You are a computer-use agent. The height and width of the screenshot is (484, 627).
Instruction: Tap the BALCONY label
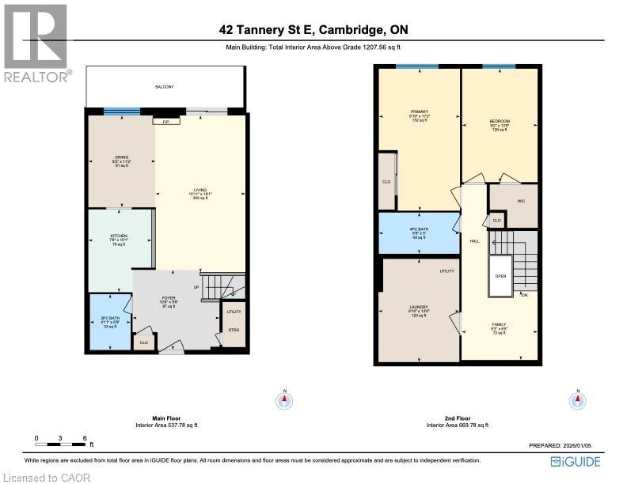[x=164, y=86]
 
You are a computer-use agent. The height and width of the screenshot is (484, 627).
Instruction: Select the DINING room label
[x=121, y=157]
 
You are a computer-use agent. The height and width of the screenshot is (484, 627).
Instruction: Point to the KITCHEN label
[x=119, y=237]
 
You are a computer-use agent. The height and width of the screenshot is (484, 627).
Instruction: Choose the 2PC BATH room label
[x=110, y=320]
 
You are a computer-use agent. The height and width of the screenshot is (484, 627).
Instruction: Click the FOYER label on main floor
[x=168, y=298]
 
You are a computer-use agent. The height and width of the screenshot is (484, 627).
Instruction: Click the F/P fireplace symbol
[x=166, y=123]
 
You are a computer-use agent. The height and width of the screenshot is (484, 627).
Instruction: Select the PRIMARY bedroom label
[x=419, y=112]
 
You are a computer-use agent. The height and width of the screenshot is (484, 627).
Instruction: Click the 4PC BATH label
[x=419, y=230]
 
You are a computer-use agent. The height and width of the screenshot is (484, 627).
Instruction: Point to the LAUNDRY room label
[x=419, y=307]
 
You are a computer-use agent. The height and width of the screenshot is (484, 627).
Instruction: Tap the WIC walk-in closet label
[x=521, y=201]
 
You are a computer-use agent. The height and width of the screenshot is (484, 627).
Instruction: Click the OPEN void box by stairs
[x=500, y=277]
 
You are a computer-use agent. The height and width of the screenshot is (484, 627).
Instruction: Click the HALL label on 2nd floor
[x=474, y=241]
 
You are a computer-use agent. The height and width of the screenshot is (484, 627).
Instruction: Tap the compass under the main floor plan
[x=284, y=401]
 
